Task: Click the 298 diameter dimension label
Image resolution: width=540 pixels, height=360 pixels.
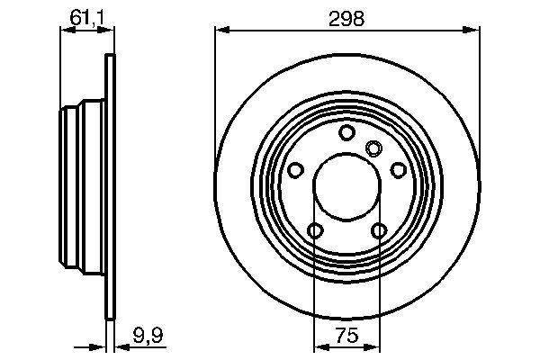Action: tap(346, 19)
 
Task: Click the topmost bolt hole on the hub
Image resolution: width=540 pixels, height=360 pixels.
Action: tap(346, 133)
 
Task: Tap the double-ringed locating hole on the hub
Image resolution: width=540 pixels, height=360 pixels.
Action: tap(373, 148)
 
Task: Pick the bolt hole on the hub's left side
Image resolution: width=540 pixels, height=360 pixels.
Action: tap(295, 169)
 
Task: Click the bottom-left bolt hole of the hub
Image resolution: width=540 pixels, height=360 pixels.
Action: tap(315, 231)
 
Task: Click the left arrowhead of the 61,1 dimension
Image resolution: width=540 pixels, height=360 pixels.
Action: tap(64, 31)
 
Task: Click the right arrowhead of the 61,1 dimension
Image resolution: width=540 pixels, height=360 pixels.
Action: tap(112, 31)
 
